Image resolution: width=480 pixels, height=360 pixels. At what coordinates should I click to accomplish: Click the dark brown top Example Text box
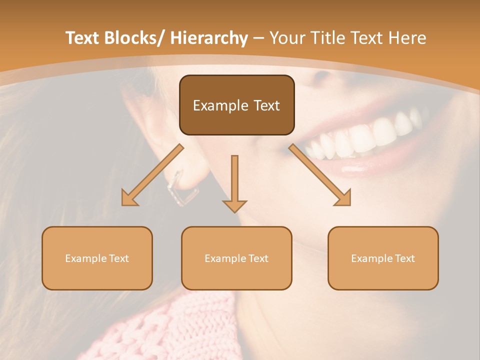[x=236, y=105]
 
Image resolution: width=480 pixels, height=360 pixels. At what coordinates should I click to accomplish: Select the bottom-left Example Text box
[x=97, y=258]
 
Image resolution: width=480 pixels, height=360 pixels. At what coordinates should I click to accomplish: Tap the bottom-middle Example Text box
[x=236, y=258]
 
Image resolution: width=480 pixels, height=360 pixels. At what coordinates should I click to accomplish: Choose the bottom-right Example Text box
[x=383, y=258]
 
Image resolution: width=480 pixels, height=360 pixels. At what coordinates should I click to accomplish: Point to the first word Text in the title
[x=82, y=38]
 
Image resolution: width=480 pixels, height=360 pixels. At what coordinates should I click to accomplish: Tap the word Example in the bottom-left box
[x=86, y=258]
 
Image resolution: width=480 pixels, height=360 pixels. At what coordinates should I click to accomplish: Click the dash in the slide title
[x=258, y=38]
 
